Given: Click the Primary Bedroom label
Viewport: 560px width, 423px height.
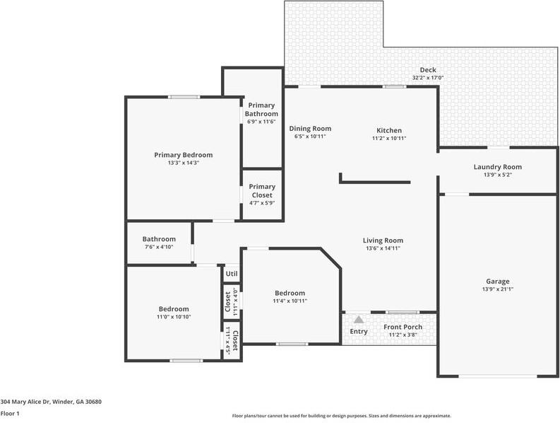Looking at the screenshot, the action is pyautogui.click(x=183, y=155).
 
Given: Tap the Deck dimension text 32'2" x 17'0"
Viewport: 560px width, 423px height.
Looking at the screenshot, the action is pyautogui.click(x=428, y=78).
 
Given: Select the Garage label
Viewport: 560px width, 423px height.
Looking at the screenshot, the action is pyautogui.click(x=497, y=282).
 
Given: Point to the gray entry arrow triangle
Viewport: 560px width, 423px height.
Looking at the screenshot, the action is pyautogui.click(x=359, y=319).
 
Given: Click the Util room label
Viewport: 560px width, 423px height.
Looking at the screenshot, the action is pyautogui.click(x=232, y=274).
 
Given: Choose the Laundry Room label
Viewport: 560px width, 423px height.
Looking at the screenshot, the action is pyautogui.click(x=497, y=167).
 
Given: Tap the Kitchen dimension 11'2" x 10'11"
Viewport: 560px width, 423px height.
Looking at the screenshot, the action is pyautogui.click(x=389, y=138).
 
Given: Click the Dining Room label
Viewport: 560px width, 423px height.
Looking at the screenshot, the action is pyautogui.click(x=310, y=129).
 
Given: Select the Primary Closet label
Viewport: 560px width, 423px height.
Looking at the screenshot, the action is pyautogui.click(x=262, y=191).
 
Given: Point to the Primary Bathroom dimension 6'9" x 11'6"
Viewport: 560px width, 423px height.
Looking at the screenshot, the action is pyautogui.click(x=261, y=122).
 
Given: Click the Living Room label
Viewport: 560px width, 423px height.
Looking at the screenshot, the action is pyautogui.click(x=383, y=241).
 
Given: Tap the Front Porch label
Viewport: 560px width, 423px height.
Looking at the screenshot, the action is pyautogui.click(x=403, y=327).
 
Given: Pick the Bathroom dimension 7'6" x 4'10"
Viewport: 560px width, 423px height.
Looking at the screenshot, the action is pyautogui.click(x=159, y=247).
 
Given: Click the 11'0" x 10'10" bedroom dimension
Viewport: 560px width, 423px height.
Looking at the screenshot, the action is pyautogui.click(x=174, y=317).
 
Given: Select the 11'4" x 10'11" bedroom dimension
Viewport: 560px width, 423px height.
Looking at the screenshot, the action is pyautogui.click(x=290, y=301).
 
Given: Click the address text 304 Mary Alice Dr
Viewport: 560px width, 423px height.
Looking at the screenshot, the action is pyautogui.click(x=25, y=402).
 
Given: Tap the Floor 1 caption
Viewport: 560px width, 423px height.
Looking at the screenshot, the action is pyautogui.click(x=10, y=414).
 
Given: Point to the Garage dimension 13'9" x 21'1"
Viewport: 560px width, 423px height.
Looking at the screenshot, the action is pyautogui.click(x=497, y=289).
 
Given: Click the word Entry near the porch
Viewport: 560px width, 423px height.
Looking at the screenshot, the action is pyautogui.click(x=359, y=331).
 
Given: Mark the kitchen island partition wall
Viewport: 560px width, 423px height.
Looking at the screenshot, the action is pyautogui.click(x=375, y=182).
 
